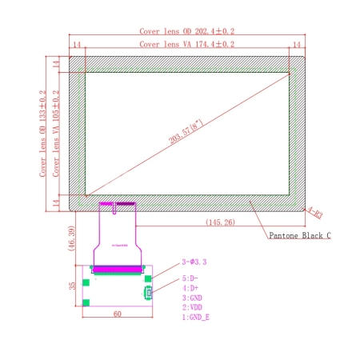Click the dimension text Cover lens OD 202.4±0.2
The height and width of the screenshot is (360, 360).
[x=189, y=30]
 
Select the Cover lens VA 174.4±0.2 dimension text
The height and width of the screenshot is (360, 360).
[x=187, y=45]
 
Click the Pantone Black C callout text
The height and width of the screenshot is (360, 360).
[x=298, y=235]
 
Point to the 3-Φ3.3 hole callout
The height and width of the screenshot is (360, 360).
[x=194, y=262]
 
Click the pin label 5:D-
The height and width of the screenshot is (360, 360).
[x=190, y=278]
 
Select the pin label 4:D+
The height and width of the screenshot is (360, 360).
[x=190, y=288]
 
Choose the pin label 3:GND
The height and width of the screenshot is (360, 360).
[x=193, y=298]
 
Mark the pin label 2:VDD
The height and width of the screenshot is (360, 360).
[x=193, y=307]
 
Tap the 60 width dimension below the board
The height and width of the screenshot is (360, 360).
[x=117, y=315]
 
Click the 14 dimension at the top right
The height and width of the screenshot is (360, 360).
[x=297, y=46]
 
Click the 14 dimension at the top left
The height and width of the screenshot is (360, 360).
[x=78, y=46]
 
